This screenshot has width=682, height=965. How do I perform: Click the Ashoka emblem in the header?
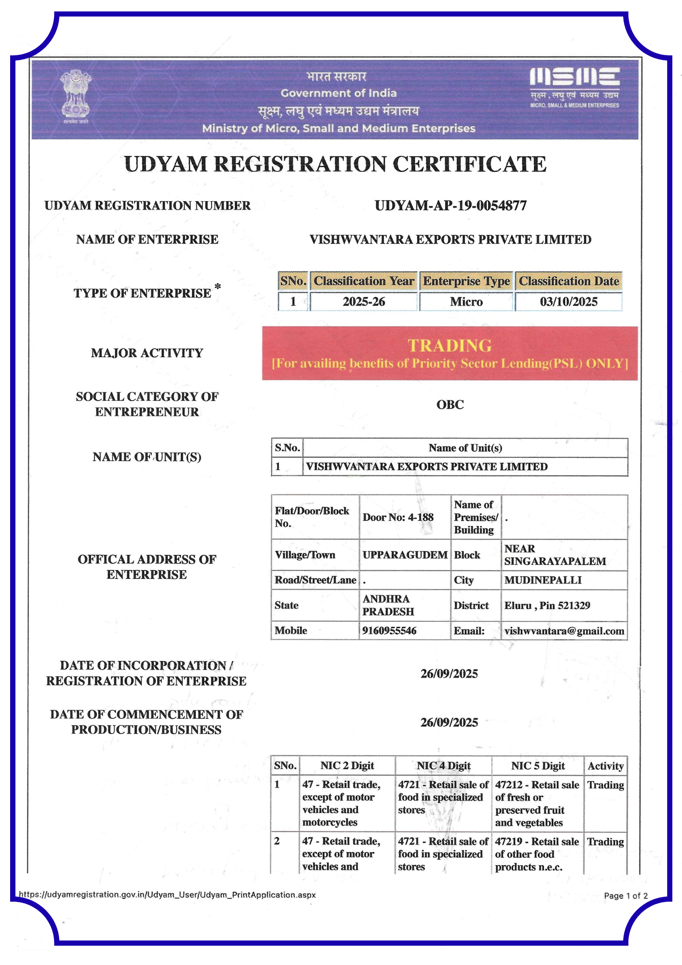click(x=76, y=96)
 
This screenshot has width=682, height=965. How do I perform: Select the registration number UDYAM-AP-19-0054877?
click(x=450, y=206)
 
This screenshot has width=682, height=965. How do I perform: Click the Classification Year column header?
click(x=364, y=281)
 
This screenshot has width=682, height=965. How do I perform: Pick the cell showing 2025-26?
click(x=364, y=302)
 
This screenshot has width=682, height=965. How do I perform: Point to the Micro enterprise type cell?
click(x=466, y=302)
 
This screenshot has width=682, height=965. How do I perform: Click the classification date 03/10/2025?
click(x=569, y=302)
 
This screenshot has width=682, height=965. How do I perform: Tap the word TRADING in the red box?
click(x=450, y=345)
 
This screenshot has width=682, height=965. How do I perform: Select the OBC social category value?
click(x=450, y=405)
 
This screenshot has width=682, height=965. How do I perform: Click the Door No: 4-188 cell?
click(x=398, y=517)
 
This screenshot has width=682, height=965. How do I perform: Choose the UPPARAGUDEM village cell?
click(x=405, y=555)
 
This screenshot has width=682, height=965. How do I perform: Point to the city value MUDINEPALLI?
click(x=543, y=580)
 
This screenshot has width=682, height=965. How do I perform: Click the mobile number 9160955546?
click(x=389, y=631)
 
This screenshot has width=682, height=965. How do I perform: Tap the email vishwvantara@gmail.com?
click(x=564, y=631)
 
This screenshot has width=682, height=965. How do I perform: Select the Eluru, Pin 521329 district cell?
click(x=547, y=606)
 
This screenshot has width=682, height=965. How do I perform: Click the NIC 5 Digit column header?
click(x=538, y=766)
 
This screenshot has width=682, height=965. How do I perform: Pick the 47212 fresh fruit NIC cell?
click(x=537, y=803)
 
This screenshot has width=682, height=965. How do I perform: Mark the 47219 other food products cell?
click(x=537, y=854)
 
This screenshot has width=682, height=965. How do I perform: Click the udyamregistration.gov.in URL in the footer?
click(x=167, y=895)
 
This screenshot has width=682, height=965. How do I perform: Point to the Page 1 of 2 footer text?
click(x=626, y=896)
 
